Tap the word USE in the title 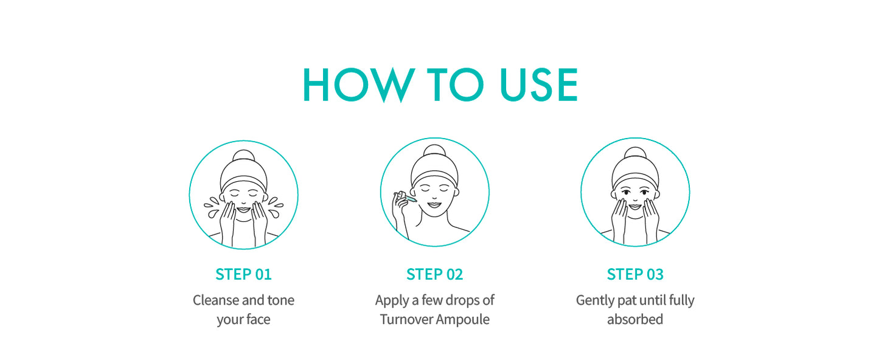pyautogui.click(x=539, y=85)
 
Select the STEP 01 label pyautogui.click(x=243, y=274)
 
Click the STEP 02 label pyautogui.click(x=434, y=274)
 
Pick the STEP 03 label pyautogui.click(x=635, y=274)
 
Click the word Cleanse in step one pyautogui.click(x=216, y=300)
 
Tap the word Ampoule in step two pyautogui.click(x=462, y=320)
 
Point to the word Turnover pyautogui.click(x=406, y=319)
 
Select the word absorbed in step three pyautogui.click(x=635, y=319)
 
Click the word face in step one pyautogui.click(x=257, y=319)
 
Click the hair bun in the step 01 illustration pyautogui.click(x=244, y=156)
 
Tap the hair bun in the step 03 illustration pyautogui.click(x=635, y=153)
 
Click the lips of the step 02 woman pyautogui.click(x=434, y=205)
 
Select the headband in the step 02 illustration pyautogui.click(x=434, y=179)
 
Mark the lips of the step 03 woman pyautogui.click(x=635, y=207)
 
